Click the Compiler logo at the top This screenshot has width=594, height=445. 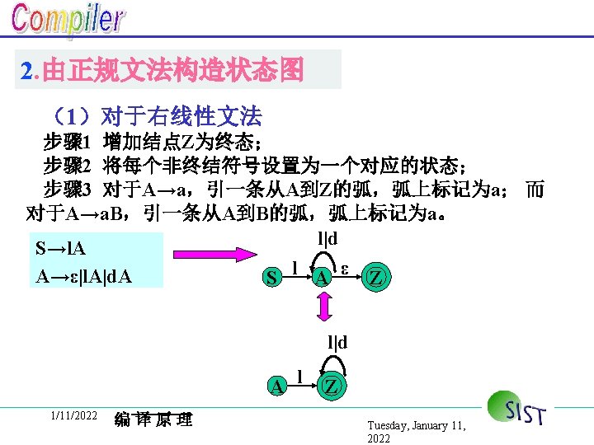pos(68,22)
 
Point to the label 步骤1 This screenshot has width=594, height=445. pos(66,140)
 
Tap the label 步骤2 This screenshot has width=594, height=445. pos(66,165)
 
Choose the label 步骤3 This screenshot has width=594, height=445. pos(66,190)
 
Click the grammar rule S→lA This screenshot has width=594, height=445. pos(61,248)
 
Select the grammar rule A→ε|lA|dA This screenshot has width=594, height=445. pos(83,277)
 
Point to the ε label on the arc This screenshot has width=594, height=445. pos(346,269)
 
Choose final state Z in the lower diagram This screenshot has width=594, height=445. pos(330,385)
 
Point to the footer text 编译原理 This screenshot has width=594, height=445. pos(153,419)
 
